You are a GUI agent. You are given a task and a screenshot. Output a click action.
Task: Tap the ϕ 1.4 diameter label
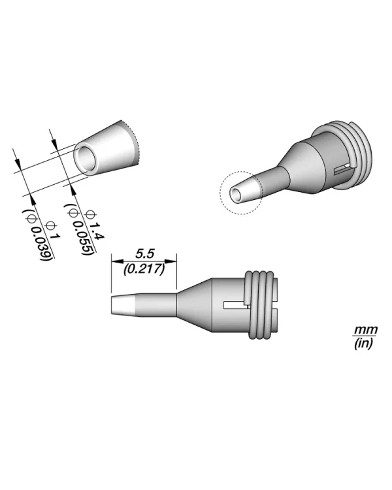click(95, 223)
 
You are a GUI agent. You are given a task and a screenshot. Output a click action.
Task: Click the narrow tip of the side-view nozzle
click(124, 304)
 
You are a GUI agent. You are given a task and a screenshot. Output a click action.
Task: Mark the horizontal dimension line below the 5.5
click(144, 259)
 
